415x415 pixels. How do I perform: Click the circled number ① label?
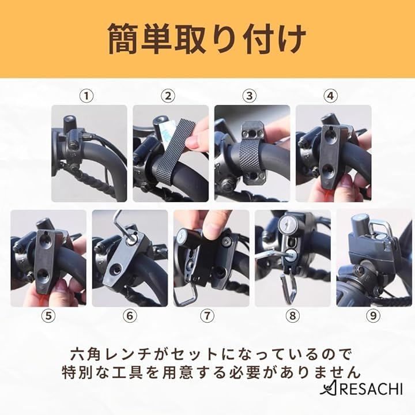tap(86, 96)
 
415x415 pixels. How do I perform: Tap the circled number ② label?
tap(168, 96)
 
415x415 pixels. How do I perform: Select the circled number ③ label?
tap(250, 96)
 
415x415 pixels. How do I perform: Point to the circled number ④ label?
tap(331, 96)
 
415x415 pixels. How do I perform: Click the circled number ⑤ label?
tap(48, 316)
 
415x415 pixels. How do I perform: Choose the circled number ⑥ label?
tap(130, 316)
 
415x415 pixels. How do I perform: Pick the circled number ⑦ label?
tap(207, 316)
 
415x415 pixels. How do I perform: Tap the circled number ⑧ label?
tap(292, 316)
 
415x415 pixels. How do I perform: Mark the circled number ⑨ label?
tap(373, 316)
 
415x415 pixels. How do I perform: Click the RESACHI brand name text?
tap(367, 389)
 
